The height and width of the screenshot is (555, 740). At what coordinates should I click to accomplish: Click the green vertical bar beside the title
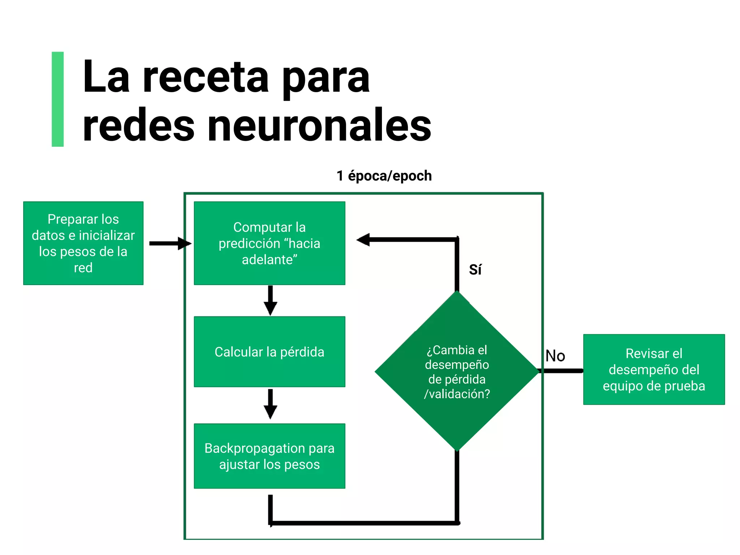click(57, 99)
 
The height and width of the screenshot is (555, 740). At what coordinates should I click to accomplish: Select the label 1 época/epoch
click(384, 176)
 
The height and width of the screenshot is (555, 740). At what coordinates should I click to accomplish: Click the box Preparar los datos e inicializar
click(83, 243)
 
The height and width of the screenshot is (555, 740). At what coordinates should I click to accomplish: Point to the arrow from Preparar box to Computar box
click(170, 243)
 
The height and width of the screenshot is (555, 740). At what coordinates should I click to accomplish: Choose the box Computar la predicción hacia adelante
click(269, 243)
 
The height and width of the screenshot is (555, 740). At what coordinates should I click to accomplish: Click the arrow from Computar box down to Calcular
click(270, 300)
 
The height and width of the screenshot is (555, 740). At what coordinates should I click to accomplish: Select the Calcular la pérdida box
click(269, 352)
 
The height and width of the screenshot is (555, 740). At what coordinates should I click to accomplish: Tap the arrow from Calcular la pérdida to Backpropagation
click(270, 404)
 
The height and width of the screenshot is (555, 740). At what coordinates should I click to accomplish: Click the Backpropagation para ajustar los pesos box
click(269, 456)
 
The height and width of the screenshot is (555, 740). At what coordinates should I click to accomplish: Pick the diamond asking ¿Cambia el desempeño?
click(457, 371)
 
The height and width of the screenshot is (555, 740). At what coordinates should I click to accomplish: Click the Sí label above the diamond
click(475, 270)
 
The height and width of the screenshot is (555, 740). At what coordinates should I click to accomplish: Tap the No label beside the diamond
click(555, 356)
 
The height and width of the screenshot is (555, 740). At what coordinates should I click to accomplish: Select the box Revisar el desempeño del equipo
click(654, 369)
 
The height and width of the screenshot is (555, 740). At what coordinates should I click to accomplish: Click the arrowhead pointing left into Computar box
click(363, 240)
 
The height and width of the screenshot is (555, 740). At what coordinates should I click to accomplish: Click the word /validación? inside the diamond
click(457, 394)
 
